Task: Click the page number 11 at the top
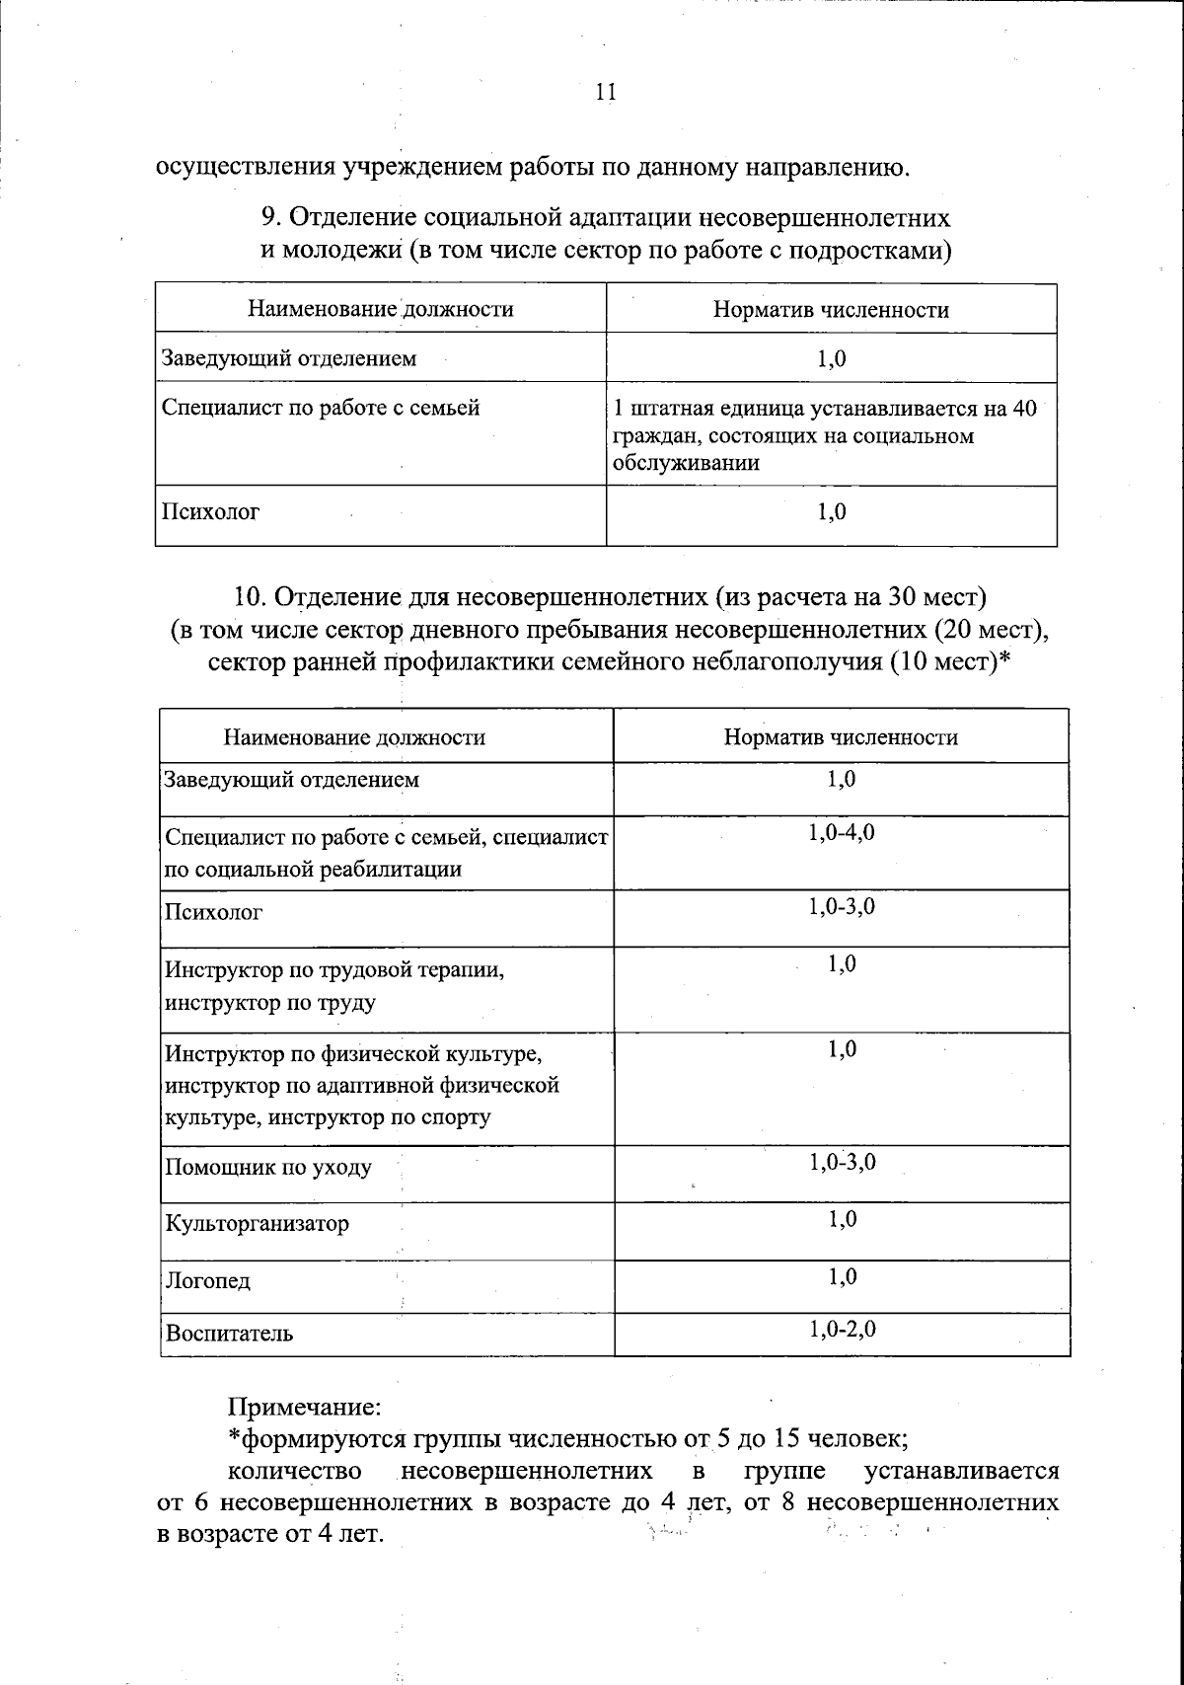(606, 92)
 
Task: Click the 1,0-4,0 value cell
(842, 833)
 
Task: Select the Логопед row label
(208, 1281)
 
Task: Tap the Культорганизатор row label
(258, 1224)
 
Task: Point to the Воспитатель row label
(230, 1334)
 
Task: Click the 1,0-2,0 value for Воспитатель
(842, 1330)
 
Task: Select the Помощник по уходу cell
(268, 1168)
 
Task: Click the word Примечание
(305, 1404)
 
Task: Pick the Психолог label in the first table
(210, 512)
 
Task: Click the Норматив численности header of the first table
(831, 310)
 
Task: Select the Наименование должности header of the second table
(354, 737)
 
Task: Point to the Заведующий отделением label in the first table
(289, 358)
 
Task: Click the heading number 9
(269, 218)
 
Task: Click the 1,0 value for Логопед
(842, 1278)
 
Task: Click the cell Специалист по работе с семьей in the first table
(321, 407)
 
